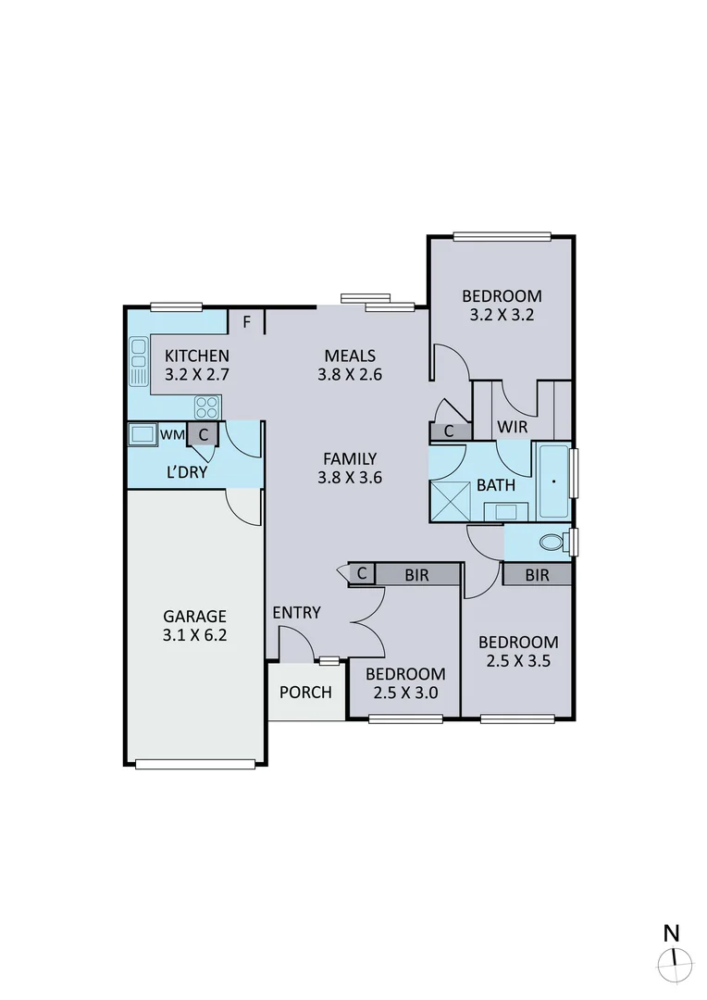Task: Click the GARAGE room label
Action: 194,616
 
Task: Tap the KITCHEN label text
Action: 196,356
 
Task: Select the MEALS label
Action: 349,356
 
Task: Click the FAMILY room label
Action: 349,458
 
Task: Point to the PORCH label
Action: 305,692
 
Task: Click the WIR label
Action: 512,427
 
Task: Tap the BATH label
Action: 496,485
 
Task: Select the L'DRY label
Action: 186,472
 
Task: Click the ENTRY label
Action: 296,612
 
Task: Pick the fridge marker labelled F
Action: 246,322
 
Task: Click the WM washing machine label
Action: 172,433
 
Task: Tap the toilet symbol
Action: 553,542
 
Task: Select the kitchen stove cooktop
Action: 207,406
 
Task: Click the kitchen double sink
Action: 139,362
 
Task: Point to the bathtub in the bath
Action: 552,481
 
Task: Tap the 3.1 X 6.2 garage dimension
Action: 194,636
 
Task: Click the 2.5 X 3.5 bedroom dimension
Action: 517,661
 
